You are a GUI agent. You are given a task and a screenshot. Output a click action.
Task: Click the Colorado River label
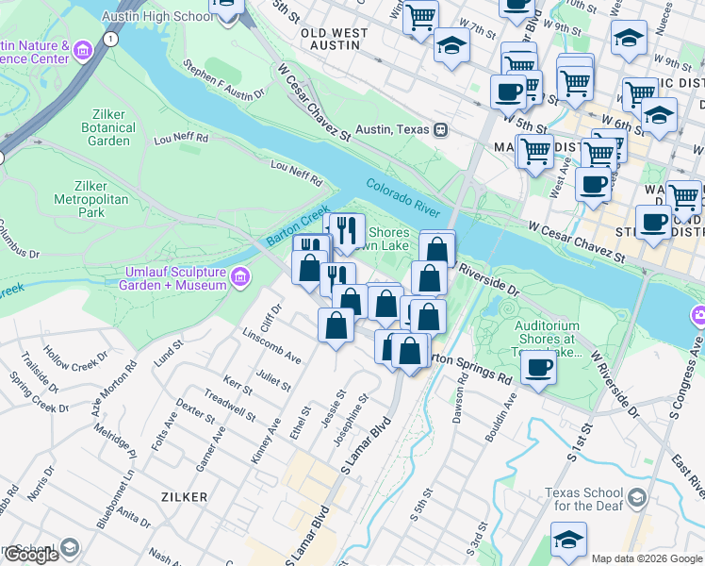coord(410,196)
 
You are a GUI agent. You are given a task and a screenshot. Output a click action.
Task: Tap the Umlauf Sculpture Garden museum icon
coord(239,278)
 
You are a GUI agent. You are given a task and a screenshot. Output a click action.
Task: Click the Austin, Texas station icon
coord(440,129)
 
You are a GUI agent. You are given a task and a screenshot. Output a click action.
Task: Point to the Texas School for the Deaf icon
coord(637,497)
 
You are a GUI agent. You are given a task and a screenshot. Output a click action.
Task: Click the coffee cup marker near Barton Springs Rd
coord(538,366)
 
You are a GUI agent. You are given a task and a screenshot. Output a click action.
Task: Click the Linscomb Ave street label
coord(271,346)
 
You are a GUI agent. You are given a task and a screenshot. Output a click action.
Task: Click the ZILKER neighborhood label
coord(183,495)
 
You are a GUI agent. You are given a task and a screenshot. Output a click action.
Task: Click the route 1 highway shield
coord(111,39)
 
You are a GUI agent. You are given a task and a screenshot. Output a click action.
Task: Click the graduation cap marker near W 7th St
coord(451,42)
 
